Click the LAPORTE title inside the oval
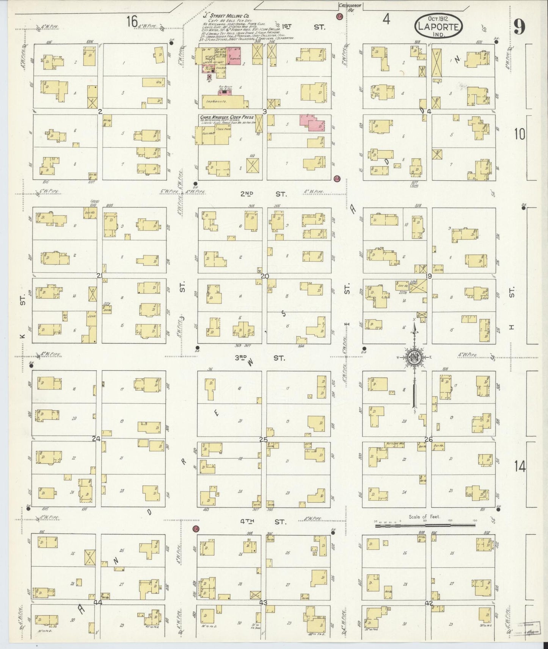440,27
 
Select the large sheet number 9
519,27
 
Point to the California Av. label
351,7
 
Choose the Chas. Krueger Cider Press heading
226,117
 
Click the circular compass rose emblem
414,356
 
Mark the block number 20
264,276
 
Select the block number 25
263,440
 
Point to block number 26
429,440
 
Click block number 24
96,439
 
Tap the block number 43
263,602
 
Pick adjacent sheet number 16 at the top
132,22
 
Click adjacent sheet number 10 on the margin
520,134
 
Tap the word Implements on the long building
215,101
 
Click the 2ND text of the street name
247,194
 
